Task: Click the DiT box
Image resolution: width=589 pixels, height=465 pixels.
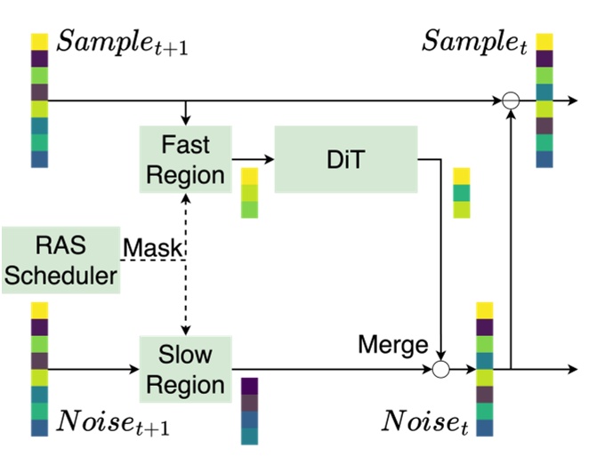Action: pyautogui.click(x=345, y=158)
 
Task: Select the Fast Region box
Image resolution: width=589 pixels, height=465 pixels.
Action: pyautogui.click(x=185, y=158)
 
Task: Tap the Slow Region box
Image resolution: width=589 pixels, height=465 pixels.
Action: pyautogui.click(x=185, y=369)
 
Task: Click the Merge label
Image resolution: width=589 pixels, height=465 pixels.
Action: pyautogui.click(x=392, y=344)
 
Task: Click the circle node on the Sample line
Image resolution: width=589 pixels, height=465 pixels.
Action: pyautogui.click(x=510, y=101)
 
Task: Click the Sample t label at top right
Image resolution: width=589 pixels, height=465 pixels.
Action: pyautogui.click(x=474, y=41)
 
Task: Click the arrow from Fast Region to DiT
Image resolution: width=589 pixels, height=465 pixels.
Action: pyautogui.click(x=253, y=159)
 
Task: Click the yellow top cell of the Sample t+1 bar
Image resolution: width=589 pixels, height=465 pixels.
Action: pyautogui.click(x=39, y=42)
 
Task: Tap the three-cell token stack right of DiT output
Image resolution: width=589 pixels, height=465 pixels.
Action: pyautogui.click(x=461, y=193)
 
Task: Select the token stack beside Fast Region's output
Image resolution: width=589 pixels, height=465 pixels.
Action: pyautogui.click(x=250, y=193)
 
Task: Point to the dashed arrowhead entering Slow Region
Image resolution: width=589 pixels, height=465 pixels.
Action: pyautogui.click(x=185, y=328)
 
